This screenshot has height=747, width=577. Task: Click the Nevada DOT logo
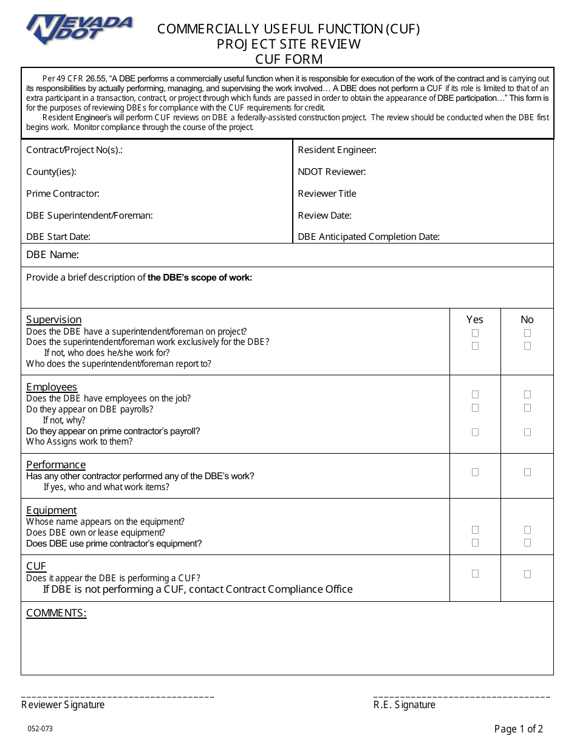point(78,29)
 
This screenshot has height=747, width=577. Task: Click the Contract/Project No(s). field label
point(74,150)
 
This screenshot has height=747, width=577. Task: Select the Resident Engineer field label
point(337,150)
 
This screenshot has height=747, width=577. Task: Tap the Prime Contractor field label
point(63,194)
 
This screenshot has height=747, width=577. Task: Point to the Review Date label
point(324,216)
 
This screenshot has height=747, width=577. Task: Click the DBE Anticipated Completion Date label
point(368,237)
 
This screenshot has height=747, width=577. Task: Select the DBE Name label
point(52,255)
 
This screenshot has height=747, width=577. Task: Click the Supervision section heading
point(53,319)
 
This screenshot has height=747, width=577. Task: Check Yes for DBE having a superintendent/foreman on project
point(475,333)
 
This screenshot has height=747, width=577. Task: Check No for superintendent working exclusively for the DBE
point(527,346)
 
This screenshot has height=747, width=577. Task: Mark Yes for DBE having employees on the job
point(475,394)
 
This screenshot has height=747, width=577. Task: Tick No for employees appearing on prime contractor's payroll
point(527,432)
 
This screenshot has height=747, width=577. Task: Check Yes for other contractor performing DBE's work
point(475,472)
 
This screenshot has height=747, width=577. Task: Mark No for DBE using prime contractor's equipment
point(527,542)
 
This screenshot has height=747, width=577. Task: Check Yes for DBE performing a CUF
point(475,573)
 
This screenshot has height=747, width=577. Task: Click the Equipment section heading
point(51,510)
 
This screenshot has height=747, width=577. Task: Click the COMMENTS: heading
point(56,613)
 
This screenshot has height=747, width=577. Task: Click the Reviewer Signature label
point(63,704)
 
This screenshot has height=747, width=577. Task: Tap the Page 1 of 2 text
point(518,729)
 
